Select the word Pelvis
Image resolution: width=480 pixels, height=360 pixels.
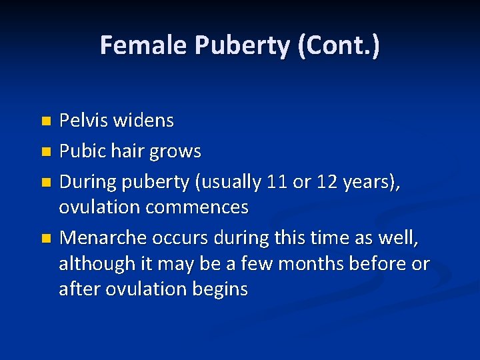pos(83,121)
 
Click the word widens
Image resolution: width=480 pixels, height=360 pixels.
pos(143,121)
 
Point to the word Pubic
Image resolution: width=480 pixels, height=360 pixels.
pos(81,151)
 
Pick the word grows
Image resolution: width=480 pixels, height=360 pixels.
pos(176,152)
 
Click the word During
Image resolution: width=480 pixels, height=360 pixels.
pos(86,182)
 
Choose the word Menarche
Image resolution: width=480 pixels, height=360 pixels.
pos(103,238)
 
